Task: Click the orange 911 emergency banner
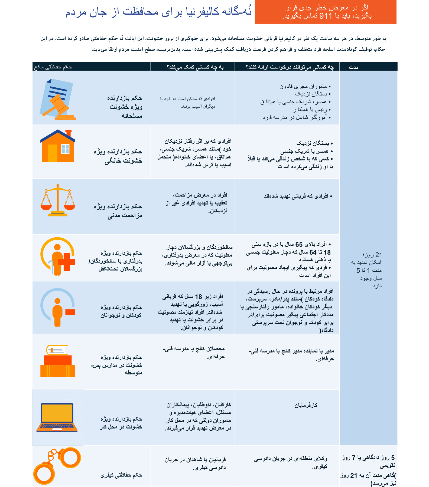325,12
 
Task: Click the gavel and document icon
57,99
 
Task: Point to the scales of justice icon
58,200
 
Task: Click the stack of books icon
58,361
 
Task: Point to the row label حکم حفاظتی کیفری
121,475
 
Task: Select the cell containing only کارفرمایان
306,405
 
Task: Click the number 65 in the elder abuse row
299,245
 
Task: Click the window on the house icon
65,149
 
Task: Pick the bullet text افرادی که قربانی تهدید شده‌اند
296,196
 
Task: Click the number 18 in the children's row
199,297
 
